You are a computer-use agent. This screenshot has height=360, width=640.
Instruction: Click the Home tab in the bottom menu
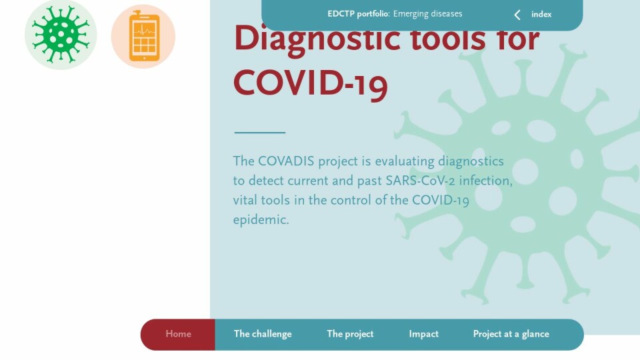click(178, 334)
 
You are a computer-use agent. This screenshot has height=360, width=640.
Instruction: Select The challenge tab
click(263, 334)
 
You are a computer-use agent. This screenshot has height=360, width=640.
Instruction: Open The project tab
click(350, 334)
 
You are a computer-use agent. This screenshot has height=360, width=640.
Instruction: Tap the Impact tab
click(424, 334)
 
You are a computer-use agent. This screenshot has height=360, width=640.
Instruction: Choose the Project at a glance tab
click(511, 334)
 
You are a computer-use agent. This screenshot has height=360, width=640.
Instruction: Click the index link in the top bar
click(541, 14)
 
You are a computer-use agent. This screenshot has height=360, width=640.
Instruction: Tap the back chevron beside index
click(517, 15)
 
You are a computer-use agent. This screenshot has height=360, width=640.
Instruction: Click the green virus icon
click(61, 35)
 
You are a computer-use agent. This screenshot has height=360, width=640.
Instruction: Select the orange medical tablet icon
click(143, 36)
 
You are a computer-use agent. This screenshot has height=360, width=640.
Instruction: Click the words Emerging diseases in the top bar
click(428, 14)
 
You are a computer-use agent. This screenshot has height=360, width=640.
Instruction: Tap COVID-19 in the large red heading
click(310, 84)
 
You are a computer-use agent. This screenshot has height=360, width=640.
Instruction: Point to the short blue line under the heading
click(259, 132)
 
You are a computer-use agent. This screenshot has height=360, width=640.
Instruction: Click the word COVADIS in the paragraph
click(286, 161)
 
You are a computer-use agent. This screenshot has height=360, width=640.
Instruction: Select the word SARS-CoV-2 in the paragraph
click(420, 181)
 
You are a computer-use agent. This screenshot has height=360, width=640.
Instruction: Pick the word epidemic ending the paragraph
click(261, 220)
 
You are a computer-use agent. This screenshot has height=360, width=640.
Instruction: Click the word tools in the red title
click(448, 39)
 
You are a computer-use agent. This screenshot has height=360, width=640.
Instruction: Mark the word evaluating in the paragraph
click(405, 162)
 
